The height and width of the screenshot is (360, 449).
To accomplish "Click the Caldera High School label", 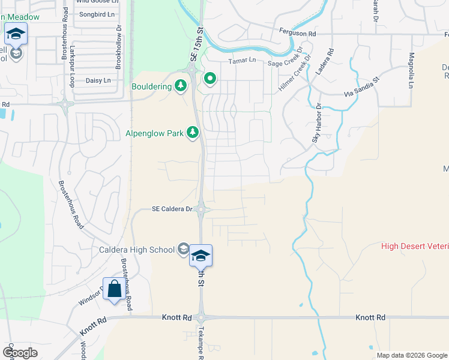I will [x=137, y=249].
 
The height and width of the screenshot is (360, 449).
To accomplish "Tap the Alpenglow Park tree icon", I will [x=193, y=132].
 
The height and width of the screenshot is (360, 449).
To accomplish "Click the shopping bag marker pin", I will [x=114, y=289].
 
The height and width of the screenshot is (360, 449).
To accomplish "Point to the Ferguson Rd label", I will [x=297, y=34].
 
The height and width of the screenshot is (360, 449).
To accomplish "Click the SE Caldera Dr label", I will [x=172, y=209].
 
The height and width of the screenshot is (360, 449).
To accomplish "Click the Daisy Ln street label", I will [x=99, y=80].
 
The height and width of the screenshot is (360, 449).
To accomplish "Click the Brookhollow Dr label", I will [x=119, y=44].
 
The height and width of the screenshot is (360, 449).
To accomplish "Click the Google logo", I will [x=20, y=352].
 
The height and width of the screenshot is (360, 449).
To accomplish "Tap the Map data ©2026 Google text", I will [x=412, y=355].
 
